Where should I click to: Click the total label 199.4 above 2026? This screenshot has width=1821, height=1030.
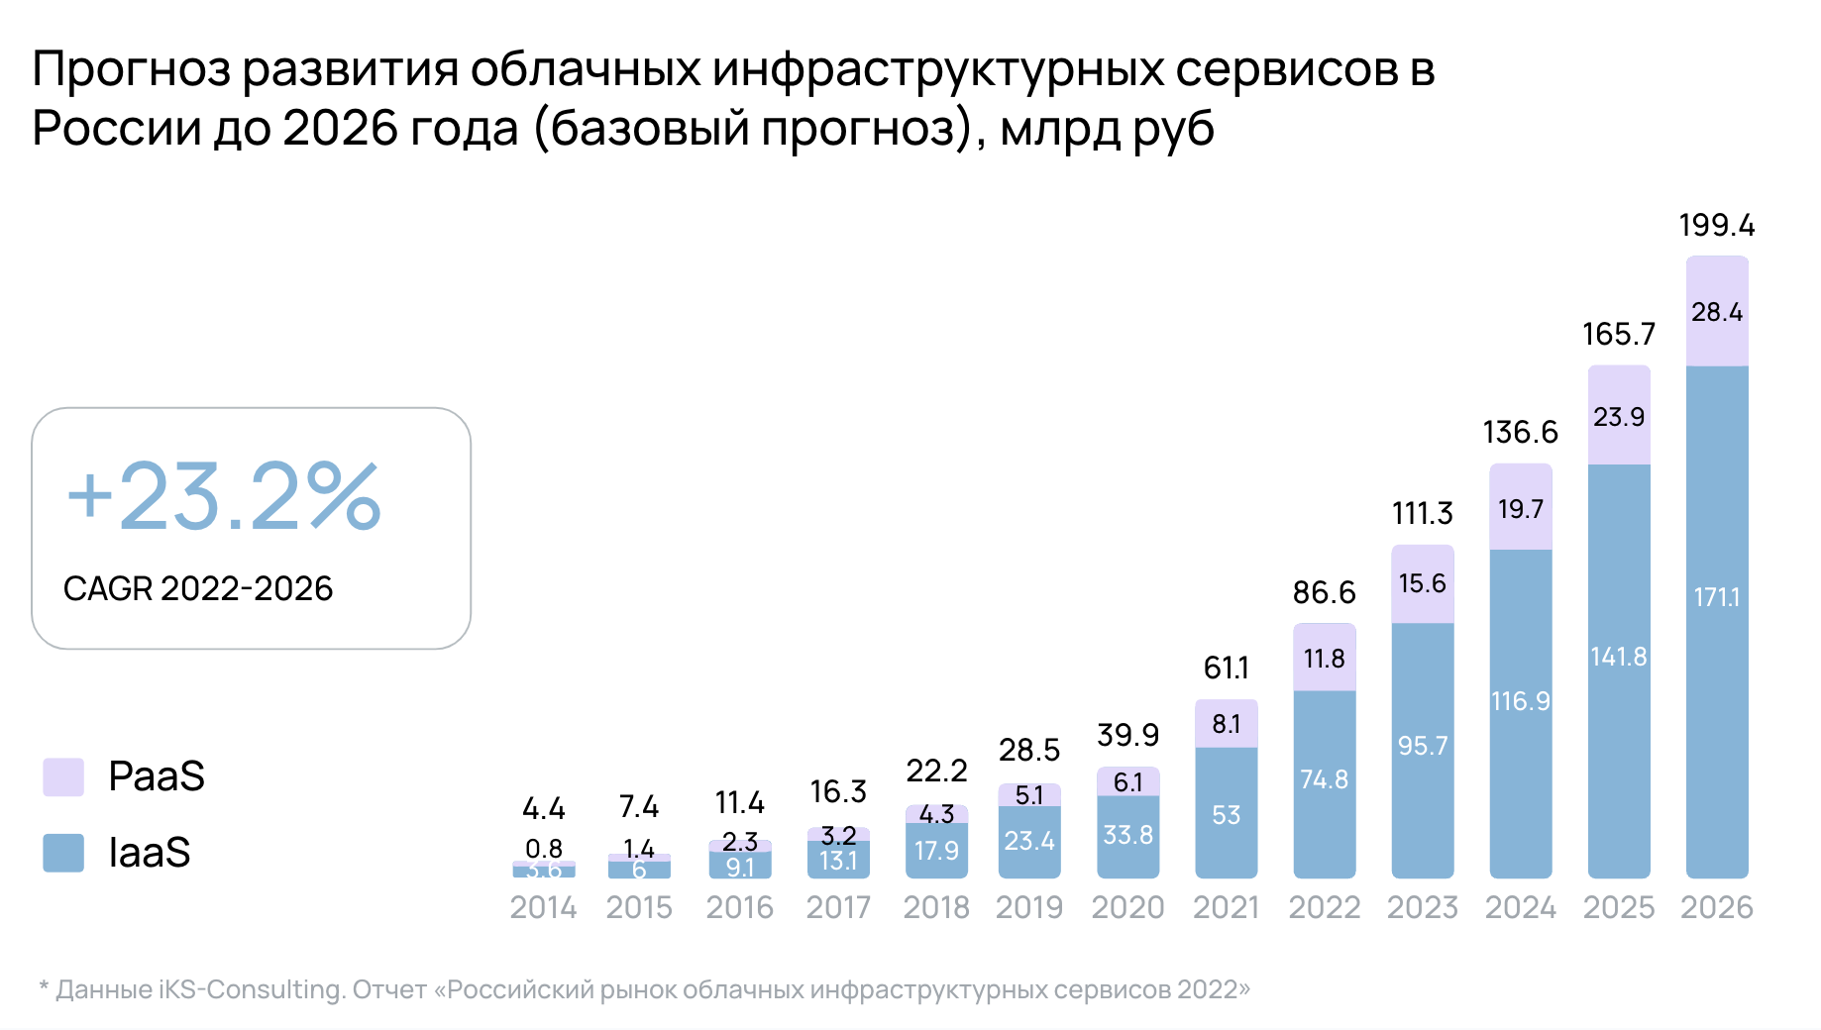click(x=1716, y=226)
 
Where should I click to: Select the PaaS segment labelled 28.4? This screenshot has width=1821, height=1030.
click(x=1716, y=312)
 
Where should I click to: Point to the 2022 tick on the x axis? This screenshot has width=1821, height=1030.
click(x=1324, y=907)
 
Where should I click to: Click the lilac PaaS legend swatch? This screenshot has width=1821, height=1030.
click(x=63, y=776)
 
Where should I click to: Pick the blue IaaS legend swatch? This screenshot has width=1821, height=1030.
click(x=63, y=853)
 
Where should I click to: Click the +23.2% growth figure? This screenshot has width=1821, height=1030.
click(x=224, y=496)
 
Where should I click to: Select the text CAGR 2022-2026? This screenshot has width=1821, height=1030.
click(x=198, y=589)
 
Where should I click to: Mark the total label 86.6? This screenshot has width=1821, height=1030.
click(x=1324, y=593)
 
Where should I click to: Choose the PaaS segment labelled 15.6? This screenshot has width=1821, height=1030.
click(x=1422, y=583)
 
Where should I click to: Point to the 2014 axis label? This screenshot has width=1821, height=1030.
click(x=543, y=907)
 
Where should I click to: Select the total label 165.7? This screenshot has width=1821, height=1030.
click(x=1618, y=335)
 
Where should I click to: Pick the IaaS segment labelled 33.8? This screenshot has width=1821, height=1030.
click(x=1127, y=836)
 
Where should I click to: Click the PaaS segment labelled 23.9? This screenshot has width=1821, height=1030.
click(x=1618, y=416)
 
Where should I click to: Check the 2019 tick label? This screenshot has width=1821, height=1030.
click(x=1028, y=907)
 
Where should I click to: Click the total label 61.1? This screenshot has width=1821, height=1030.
click(x=1226, y=669)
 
